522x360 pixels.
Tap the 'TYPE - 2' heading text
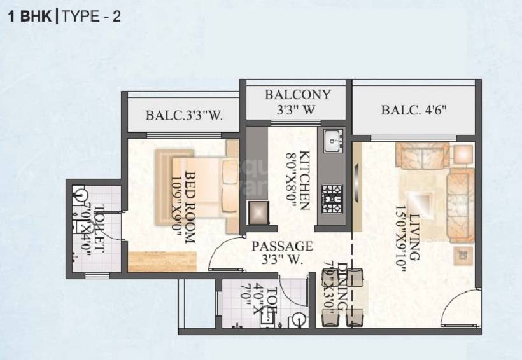[91, 17]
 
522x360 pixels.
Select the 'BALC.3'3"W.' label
[184, 116]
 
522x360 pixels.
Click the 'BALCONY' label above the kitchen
[298, 95]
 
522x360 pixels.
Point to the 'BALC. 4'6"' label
[414, 109]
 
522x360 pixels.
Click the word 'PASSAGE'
[282, 246]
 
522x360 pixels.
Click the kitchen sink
[332, 141]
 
